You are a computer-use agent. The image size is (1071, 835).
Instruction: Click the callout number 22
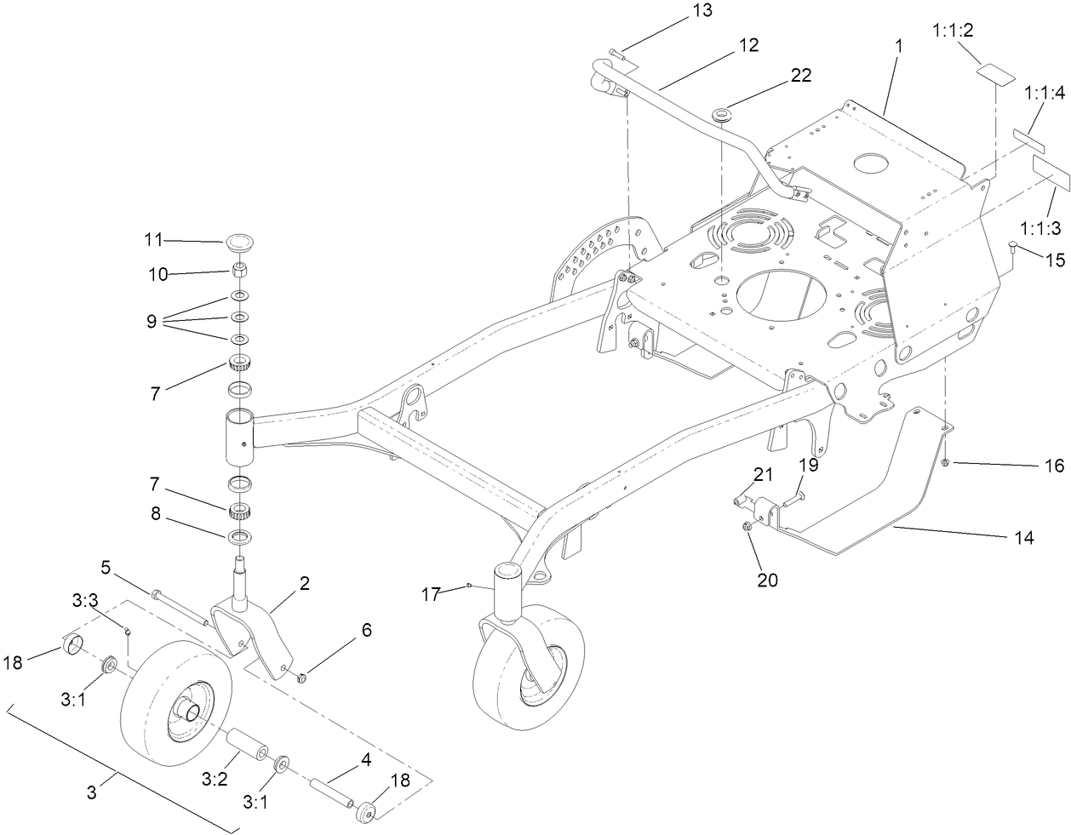pos(800,75)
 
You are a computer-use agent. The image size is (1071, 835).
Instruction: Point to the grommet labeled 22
pos(724,113)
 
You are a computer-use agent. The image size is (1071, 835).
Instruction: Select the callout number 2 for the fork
pos(304,584)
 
